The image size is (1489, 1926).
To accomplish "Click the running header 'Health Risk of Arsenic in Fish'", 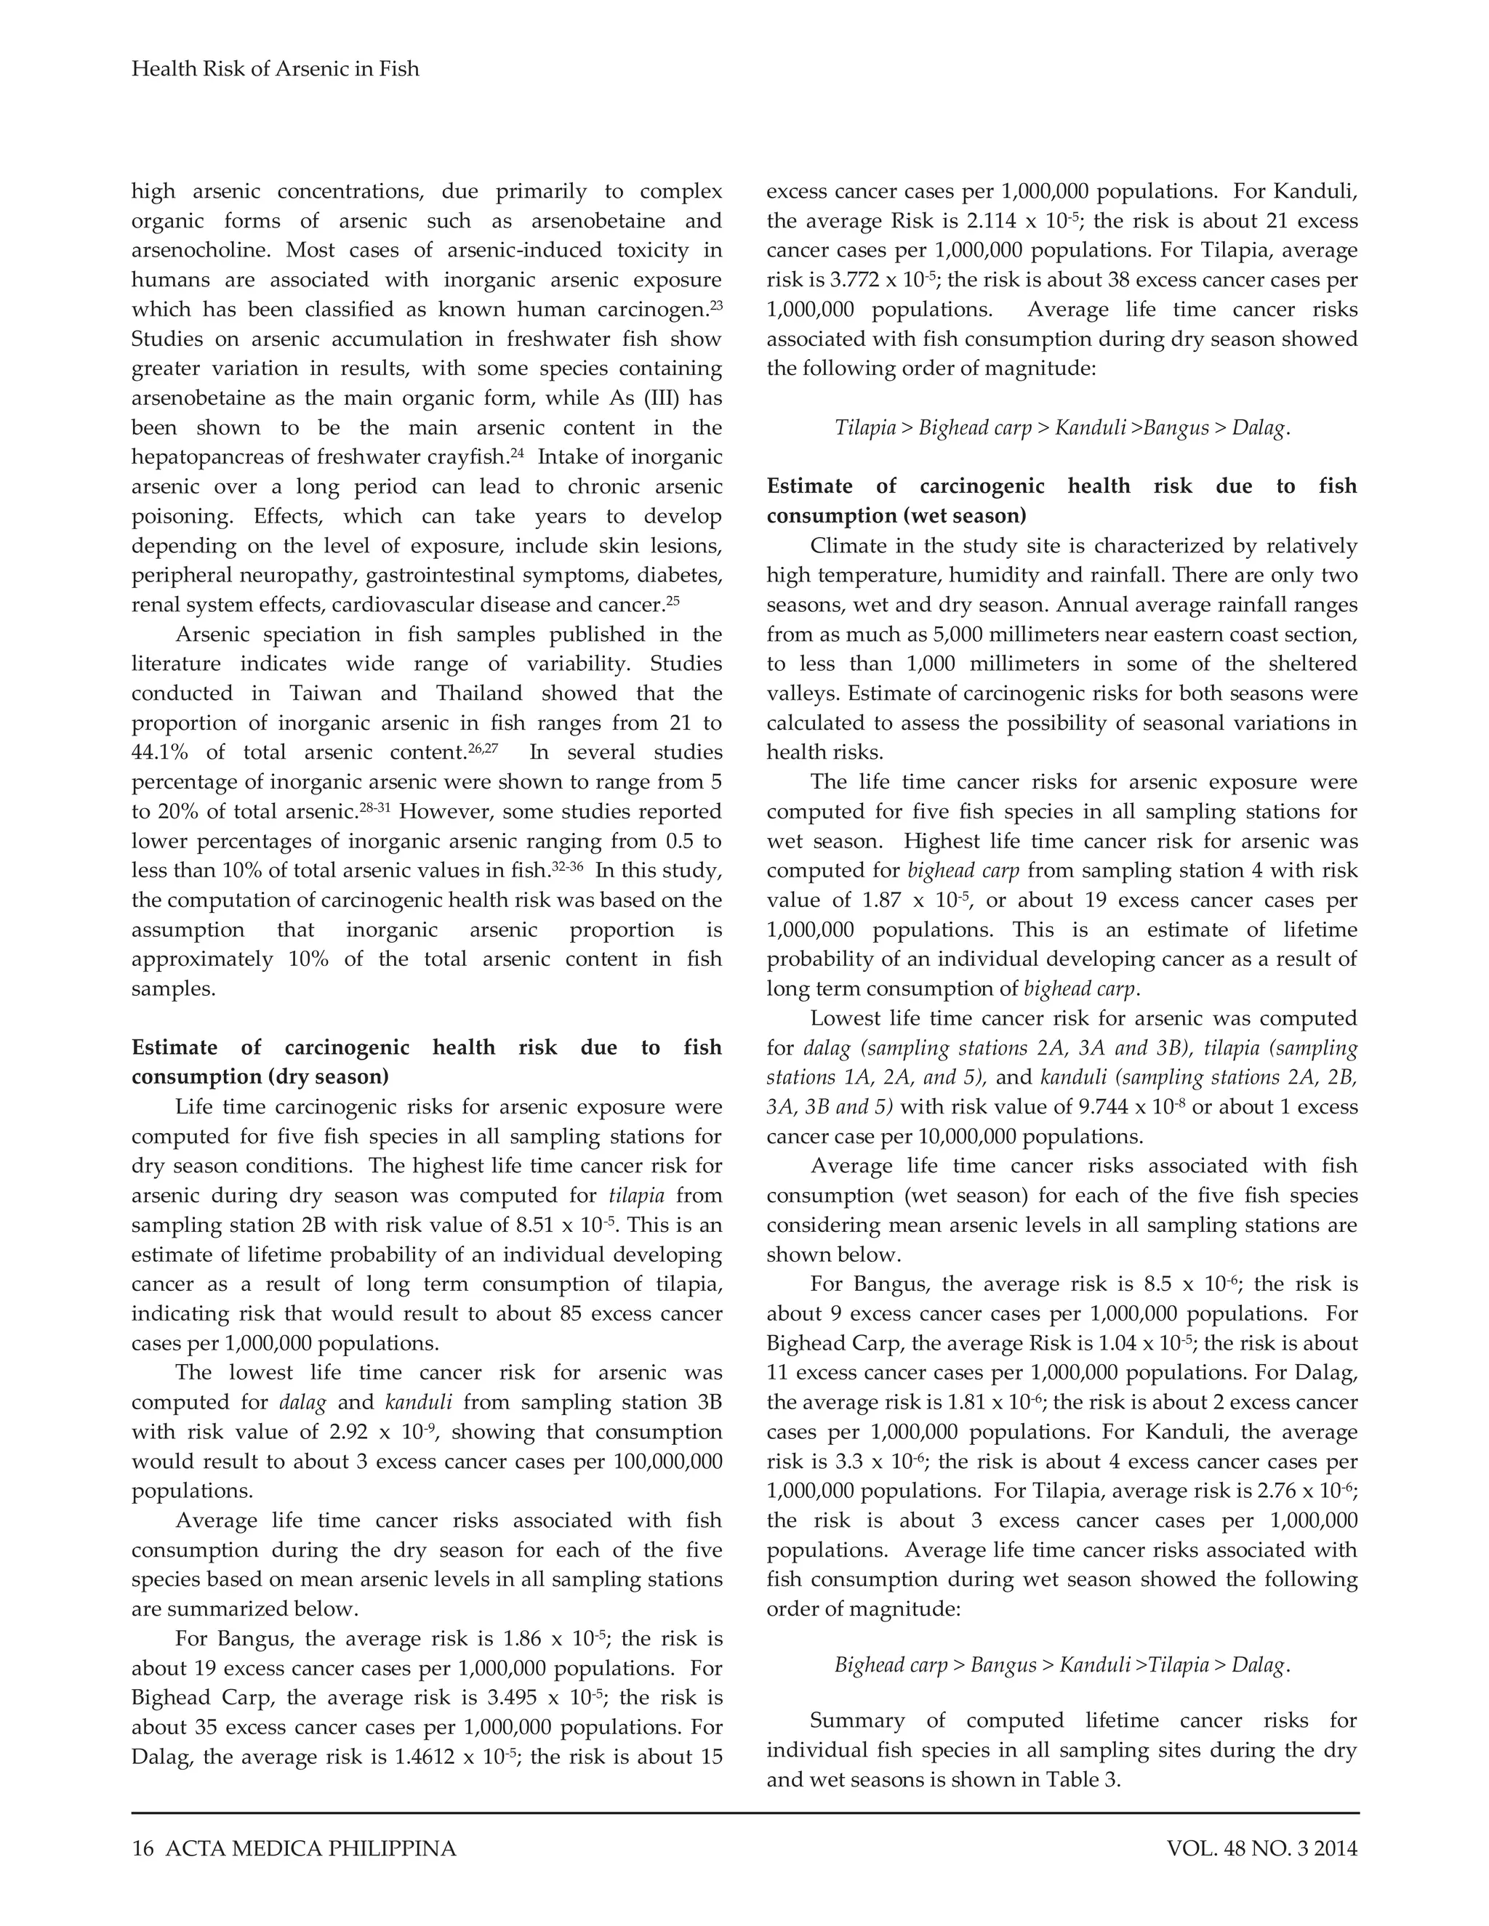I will tap(276, 69).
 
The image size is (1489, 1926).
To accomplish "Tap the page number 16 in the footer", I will tap(142, 1848).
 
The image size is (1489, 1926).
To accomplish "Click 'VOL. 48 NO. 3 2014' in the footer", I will tap(1261, 1848).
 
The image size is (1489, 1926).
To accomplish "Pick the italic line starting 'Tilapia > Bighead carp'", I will tap(1062, 427).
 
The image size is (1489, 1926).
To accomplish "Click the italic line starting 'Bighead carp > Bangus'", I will tap(1062, 1665).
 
